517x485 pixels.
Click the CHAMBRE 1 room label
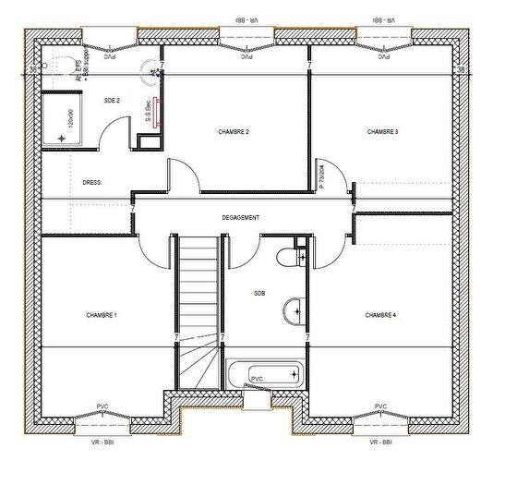[x=102, y=315]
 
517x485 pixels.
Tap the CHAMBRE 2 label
[x=234, y=132]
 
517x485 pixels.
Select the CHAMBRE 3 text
[x=382, y=132]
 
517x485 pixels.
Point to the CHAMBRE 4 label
[x=380, y=315]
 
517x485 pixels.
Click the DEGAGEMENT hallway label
[x=240, y=218]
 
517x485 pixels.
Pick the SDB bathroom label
[x=259, y=294]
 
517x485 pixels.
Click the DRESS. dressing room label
[x=92, y=183]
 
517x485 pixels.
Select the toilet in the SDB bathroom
[x=296, y=256]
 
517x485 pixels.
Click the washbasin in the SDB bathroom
[x=294, y=311]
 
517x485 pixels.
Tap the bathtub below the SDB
[x=265, y=375]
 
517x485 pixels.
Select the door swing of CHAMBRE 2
[x=180, y=176]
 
